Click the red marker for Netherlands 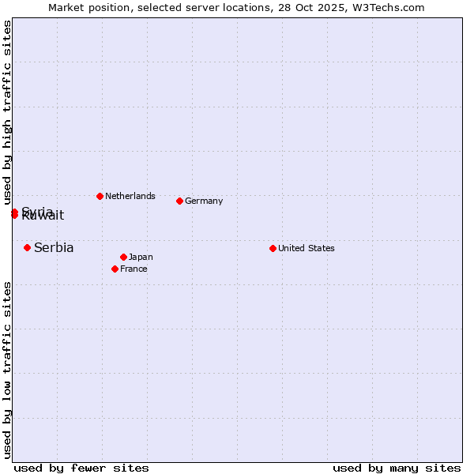click(x=100, y=196)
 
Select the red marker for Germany click(x=179, y=201)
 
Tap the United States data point click(x=273, y=248)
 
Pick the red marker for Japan click(x=123, y=257)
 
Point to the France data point click(x=115, y=269)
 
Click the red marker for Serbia click(x=27, y=247)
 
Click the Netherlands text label click(x=130, y=196)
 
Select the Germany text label click(x=204, y=201)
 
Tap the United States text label click(x=307, y=248)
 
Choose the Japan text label click(x=141, y=257)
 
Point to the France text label click(x=134, y=269)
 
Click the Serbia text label click(x=54, y=247)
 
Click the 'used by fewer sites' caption click(x=81, y=468)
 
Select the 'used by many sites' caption click(x=397, y=468)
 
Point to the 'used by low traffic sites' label click(x=7, y=370)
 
